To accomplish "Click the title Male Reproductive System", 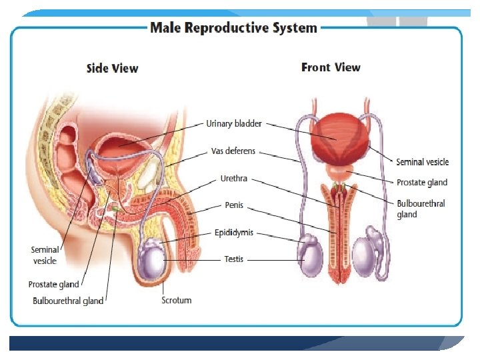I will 233,28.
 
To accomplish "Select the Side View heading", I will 112,68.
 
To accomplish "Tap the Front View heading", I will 331,67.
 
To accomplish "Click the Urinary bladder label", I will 234,124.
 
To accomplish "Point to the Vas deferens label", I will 233,151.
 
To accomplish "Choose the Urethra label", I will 234,179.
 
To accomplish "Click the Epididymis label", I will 234,233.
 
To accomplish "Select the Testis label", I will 233,259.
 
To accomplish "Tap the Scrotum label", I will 177,300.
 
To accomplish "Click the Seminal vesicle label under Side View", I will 45,255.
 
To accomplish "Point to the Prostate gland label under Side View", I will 53,285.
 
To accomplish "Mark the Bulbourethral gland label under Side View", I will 68,301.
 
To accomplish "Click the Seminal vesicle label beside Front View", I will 422,162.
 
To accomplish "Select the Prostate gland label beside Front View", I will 421,183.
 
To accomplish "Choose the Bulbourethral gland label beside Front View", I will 421,209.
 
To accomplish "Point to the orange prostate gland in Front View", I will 336,175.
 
